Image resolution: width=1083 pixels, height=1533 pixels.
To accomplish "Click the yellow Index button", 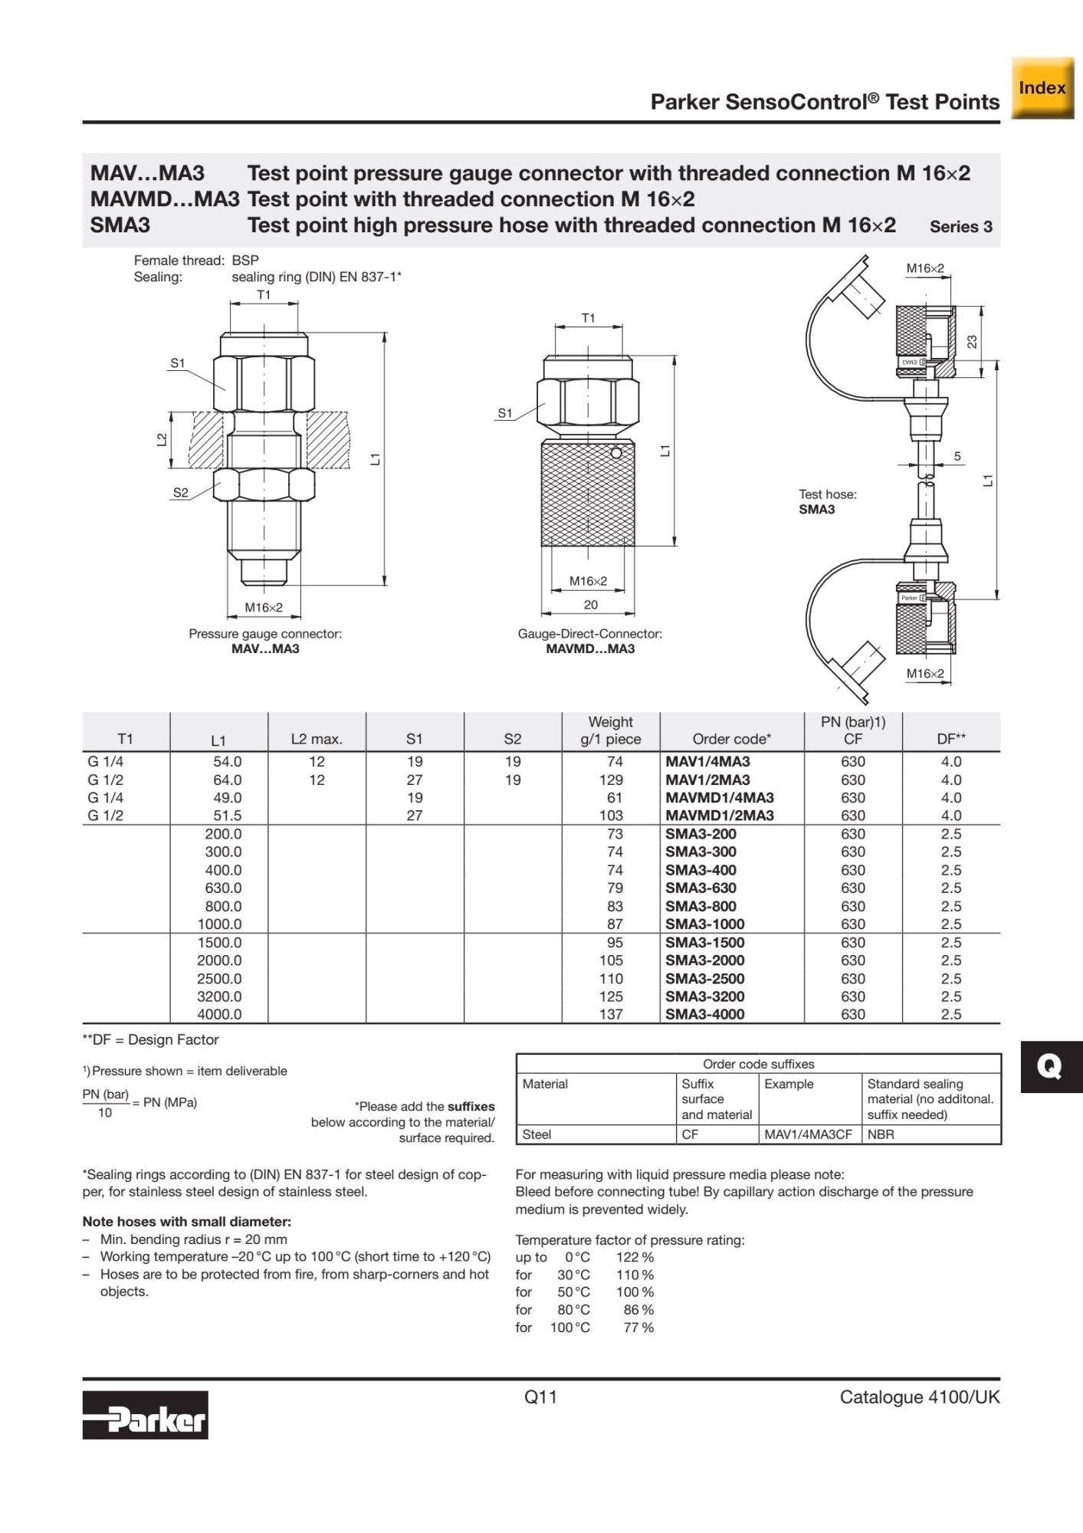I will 1042,88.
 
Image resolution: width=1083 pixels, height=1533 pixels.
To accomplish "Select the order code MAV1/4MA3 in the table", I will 707,762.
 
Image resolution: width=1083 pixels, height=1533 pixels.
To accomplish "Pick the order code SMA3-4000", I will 704,1014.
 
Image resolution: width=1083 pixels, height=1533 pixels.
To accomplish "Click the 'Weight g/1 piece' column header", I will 610,730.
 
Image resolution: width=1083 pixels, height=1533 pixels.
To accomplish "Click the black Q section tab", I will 1050,1066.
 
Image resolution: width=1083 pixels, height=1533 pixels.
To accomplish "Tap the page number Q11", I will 540,1397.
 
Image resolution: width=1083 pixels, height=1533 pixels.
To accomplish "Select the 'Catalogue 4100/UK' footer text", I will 919,1397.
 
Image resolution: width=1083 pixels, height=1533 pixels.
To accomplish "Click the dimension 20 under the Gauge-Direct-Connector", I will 590,605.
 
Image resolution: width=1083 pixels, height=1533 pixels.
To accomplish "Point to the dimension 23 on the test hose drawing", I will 972,341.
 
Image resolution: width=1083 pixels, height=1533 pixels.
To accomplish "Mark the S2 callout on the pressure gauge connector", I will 180,493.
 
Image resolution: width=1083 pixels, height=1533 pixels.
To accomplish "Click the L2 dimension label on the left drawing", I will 162,440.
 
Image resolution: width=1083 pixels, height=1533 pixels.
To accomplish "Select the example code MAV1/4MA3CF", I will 808,1134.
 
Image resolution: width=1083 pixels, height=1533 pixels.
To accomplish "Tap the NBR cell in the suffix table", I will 881,1134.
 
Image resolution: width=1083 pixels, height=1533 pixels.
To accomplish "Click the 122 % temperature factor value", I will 635,1257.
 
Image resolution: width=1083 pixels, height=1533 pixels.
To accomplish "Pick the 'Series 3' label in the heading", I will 960,227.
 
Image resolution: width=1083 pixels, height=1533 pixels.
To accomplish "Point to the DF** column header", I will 951,739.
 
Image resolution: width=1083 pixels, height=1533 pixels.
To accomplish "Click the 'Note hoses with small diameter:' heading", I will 186,1222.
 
